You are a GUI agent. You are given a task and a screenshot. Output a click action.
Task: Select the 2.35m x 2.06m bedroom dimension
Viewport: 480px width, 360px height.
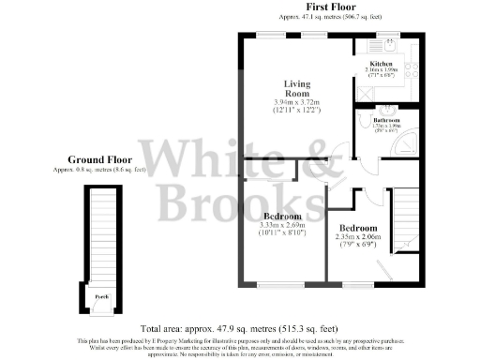357,238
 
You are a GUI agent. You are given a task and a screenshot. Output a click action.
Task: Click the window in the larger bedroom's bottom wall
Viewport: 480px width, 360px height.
276,284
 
